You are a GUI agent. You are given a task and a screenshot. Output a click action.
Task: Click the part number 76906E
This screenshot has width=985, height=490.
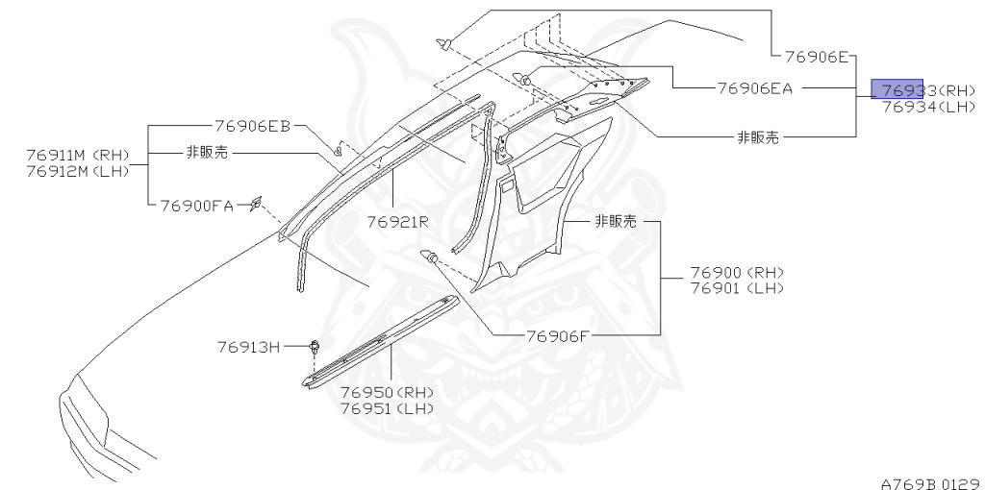pyautogui.click(x=815, y=57)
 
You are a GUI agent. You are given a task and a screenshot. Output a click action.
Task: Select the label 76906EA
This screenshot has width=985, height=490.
pyautogui.click(x=755, y=88)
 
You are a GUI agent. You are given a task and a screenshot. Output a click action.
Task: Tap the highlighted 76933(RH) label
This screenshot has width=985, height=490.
pyautogui.click(x=915, y=89)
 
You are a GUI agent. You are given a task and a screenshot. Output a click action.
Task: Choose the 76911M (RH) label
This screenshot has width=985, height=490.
pyautogui.click(x=78, y=156)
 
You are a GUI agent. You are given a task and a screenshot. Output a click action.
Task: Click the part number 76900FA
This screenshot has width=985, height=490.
pyautogui.click(x=197, y=205)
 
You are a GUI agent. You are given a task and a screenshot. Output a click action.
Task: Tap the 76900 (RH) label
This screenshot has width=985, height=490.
pyautogui.click(x=737, y=272)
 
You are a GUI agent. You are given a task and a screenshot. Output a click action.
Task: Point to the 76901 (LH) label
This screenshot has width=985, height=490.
pyautogui.click(x=737, y=287)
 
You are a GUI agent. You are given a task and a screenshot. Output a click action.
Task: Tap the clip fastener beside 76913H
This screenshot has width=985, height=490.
pyautogui.click(x=315, y=347)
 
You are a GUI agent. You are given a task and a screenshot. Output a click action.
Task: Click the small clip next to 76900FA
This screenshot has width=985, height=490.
pyautogui.click(x=256, y=202)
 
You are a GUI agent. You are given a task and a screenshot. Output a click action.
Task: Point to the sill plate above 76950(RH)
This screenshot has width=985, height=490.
pyautogui.click(x=380, y=342)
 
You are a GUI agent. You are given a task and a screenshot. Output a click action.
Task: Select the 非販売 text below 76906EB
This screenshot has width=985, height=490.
pyautogui.click(x=208, y=152)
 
